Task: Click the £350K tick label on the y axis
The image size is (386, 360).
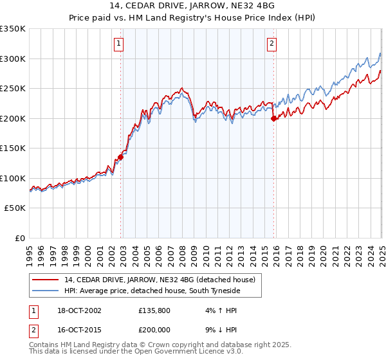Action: click(12, 29)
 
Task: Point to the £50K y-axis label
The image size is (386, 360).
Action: click(15, 208)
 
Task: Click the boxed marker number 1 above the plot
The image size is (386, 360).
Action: click(120, 44)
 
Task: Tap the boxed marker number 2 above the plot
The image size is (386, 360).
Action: click(272, 44)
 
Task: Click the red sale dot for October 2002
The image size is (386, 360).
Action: click(120, 157)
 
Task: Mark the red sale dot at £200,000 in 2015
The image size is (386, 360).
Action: click(273, 118)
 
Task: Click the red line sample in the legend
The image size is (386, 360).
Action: click(46, 280)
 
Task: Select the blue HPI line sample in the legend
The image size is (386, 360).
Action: click(46, 291)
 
